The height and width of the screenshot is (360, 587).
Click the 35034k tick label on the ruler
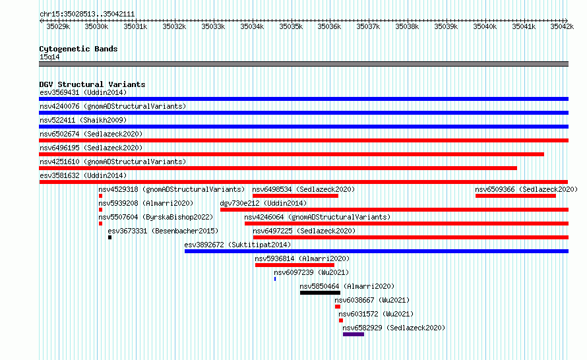click(252, 27)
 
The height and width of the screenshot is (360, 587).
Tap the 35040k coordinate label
click(485, 27)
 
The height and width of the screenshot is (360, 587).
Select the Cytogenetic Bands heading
click(78, 49)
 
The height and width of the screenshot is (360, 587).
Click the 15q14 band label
click(49, 57)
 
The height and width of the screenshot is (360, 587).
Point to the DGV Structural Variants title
click(92, 84)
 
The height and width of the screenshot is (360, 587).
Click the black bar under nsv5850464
click(320, 293)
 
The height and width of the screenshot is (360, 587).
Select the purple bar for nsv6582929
click(354, 334)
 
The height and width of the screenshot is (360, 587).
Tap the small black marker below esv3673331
click(109, 237)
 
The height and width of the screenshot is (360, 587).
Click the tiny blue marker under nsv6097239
click(275, 279)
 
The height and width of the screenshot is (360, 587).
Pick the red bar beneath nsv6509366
click(516, 196)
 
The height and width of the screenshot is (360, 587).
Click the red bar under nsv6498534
click(295, 196)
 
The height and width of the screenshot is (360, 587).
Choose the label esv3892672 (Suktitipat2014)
click(237, 245)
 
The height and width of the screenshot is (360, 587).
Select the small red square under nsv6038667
click(338, 307)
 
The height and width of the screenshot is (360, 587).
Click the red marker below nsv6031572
click(341, 320)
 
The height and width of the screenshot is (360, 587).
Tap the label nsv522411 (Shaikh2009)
click(83, 120)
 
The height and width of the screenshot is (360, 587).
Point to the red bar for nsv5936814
click(295, 265)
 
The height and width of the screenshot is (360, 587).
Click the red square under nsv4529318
click(100, 196)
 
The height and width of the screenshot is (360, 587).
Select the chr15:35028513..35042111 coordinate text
click(87, 15)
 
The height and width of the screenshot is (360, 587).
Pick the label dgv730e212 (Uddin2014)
click(263, 203)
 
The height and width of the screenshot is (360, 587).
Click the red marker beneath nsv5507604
click(100, 224)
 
